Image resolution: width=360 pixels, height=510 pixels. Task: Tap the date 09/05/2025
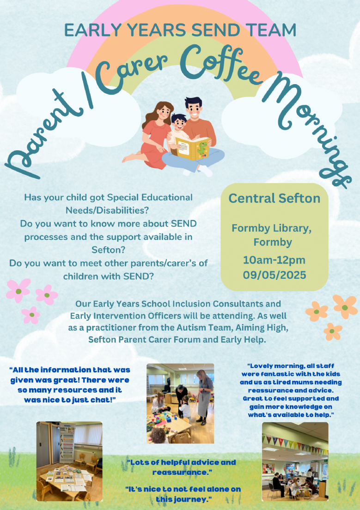pyautogui.click(x=275, y=275)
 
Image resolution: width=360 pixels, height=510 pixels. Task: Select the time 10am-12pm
pyautogui.click(x=274, y=260)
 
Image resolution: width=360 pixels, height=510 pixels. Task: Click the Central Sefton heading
pyautogui.click(x=274, y=198)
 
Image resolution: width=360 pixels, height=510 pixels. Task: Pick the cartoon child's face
pyautogui.click(x=178, y=123)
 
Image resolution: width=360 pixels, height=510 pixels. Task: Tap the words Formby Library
pyautogui.click(x=272, y=229)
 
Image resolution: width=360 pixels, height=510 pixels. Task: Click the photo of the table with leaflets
pyautogui.click(x=69, y=461)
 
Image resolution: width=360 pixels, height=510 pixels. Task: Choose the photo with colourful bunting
pyautogui.click(x=295, y=461)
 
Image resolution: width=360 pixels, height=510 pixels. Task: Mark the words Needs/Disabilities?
pyautogui.click(x=107, y=210)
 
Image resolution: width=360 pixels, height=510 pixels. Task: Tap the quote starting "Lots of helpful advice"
pyautogui.click(x=181, y=467)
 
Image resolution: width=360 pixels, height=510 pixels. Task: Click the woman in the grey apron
pyautogui.click(x=204, y=397)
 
